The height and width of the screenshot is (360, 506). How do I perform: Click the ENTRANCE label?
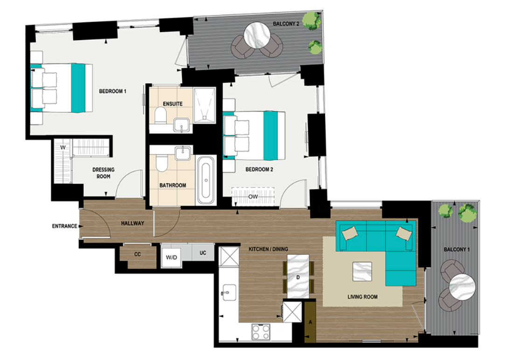tap(65, 226)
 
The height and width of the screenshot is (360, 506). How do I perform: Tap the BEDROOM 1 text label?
tap(112, 91)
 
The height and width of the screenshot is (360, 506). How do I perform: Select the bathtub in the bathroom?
tap(205, 180)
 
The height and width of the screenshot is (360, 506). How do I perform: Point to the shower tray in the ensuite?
tap(203, 104)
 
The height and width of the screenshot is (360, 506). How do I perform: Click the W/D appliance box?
tap(171, 256)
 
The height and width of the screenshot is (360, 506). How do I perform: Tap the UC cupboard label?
tap(203, 253)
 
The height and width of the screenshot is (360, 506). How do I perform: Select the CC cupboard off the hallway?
tap(137, 255)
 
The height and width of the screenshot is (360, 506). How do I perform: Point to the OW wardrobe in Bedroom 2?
tap(253, 196)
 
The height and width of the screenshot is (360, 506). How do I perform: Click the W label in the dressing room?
tap(62, 148)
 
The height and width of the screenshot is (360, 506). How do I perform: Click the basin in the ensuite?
tap(181, 125)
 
